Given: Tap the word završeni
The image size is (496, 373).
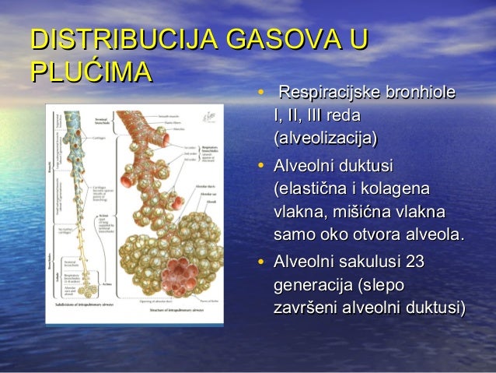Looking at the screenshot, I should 306,306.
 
